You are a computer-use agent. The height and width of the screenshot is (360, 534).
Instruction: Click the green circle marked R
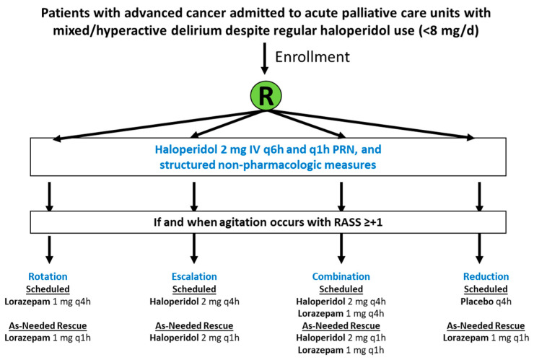[x=266, y=96]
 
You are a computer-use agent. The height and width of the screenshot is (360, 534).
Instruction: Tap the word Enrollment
[x=312, y=57]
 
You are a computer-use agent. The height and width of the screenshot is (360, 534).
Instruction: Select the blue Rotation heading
[x=48, y=276]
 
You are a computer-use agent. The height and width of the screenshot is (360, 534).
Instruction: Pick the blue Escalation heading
[x=194, y=276]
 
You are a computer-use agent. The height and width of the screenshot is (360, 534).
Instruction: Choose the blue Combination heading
[x=341, y=276]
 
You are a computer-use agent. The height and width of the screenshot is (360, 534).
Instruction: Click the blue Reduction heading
[x=486, y=276]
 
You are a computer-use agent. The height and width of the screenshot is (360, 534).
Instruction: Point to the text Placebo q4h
[x=486, y=302]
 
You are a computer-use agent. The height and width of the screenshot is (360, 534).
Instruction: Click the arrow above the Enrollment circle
[x=264, y=58]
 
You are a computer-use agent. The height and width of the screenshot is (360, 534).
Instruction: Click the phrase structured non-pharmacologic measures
[x=268, y=164]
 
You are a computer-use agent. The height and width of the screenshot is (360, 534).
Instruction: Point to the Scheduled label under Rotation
[x=48, y=289]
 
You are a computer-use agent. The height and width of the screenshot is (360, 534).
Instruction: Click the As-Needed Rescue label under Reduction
[x=486, y=326]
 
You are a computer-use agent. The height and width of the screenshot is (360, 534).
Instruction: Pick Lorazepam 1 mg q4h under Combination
[x=341, y=313]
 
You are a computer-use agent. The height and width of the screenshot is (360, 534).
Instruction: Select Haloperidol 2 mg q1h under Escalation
[x=194, y=338]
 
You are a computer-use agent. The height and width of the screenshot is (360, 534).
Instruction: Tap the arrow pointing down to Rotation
[x=49, y=250]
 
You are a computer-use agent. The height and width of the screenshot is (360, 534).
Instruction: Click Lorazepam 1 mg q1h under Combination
[x=341, y=350]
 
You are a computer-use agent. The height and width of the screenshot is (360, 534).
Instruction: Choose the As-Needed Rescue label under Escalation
[x=194, y=326]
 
